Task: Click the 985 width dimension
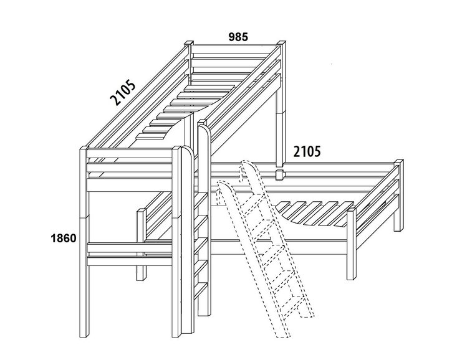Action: tap(238, 37)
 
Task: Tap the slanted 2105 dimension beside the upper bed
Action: tap(123, 93)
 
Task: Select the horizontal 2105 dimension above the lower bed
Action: tap(307, 151)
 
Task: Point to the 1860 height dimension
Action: tap(64, 239)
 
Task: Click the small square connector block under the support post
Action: tap(280, 175)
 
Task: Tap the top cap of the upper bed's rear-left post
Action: tap(188, 43)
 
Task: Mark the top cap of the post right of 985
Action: tap(281, 42)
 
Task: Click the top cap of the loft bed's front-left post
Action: tap(84, 148)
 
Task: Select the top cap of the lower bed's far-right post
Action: tap(398, 161)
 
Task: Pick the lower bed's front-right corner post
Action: tap(352, 244)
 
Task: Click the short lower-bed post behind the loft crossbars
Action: tap(142, 245)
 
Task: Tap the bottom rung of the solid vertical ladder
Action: tap(201, 290)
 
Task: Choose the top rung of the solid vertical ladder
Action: tap(201, 201)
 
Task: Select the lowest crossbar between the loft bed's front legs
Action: tap(130, 260)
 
